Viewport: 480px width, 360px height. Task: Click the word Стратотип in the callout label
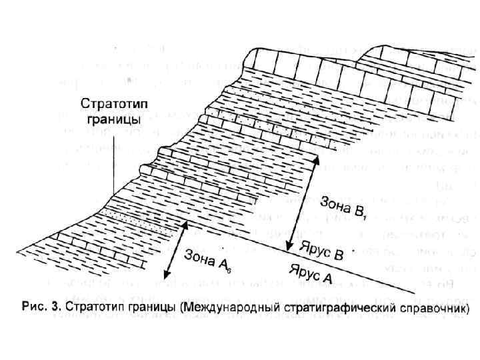(x=111, y=105)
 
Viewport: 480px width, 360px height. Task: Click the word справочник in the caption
(x=433, y=309)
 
